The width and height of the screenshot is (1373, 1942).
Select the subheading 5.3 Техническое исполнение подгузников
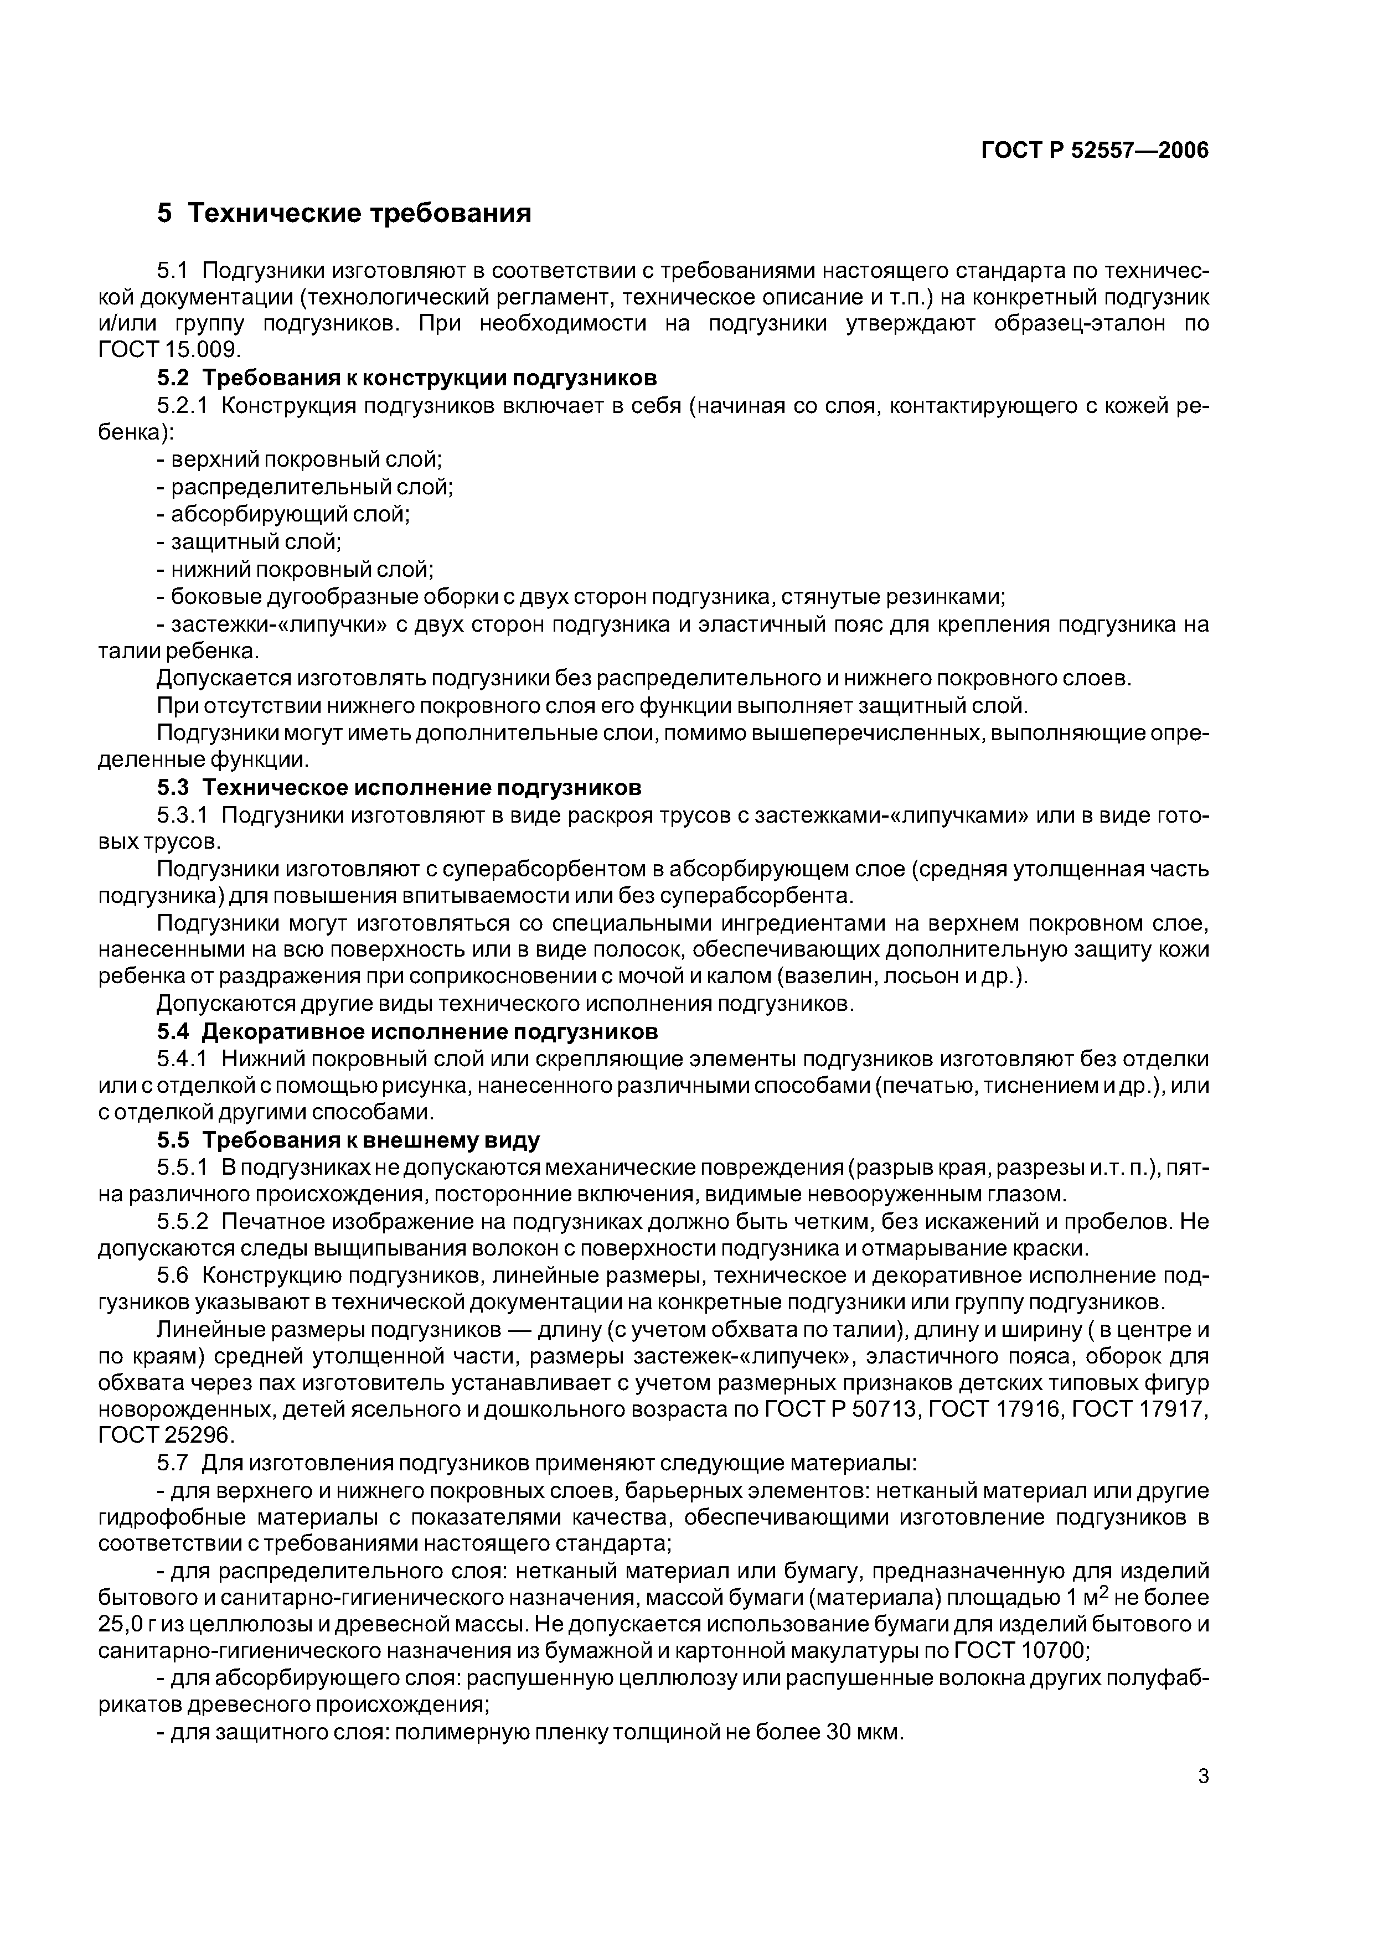(399, 787)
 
